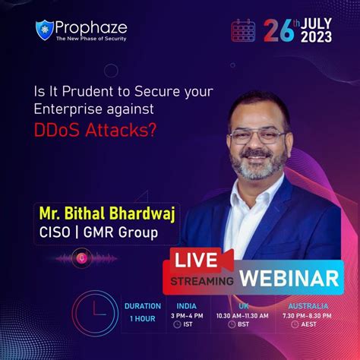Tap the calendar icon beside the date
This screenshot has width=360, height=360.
[x=243, y=30]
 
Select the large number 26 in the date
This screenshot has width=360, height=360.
[x=279, y=30]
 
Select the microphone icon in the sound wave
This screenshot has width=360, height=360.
[x=83, y=258]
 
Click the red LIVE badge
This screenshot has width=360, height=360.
[x=197, y=260]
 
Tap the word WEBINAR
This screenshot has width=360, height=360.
[x=289, y=277]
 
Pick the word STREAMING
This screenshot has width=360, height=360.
[x=204, y=280]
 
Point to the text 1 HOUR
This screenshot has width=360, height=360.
[x=142, y=318]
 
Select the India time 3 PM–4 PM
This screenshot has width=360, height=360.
[x=188, y=314]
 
